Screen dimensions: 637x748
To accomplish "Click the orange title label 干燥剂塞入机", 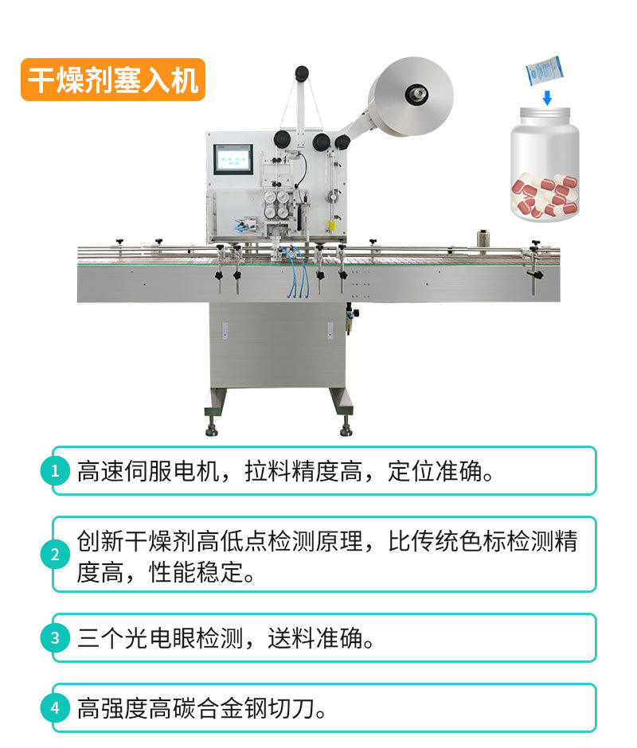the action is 113,80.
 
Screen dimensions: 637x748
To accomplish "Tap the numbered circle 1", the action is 55,471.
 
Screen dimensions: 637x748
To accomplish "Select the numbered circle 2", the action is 55,555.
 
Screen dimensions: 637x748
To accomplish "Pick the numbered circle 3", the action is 55,638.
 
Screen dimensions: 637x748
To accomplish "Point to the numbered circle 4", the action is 55,708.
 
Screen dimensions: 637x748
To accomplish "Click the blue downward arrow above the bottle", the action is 547,98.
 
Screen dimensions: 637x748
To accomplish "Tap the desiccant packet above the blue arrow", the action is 545,71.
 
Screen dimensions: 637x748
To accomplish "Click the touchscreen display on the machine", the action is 233,159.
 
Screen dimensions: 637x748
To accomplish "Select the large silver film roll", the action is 412,95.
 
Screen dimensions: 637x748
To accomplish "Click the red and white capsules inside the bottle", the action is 545,196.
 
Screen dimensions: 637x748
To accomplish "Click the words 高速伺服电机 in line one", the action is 148,471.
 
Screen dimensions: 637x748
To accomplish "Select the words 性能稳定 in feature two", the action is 196,572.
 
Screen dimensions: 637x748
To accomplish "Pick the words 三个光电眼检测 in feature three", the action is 160,638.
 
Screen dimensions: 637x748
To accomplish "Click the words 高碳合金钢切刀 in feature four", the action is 232,708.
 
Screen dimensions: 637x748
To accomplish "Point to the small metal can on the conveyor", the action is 483,240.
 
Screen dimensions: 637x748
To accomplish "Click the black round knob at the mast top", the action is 301,72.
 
